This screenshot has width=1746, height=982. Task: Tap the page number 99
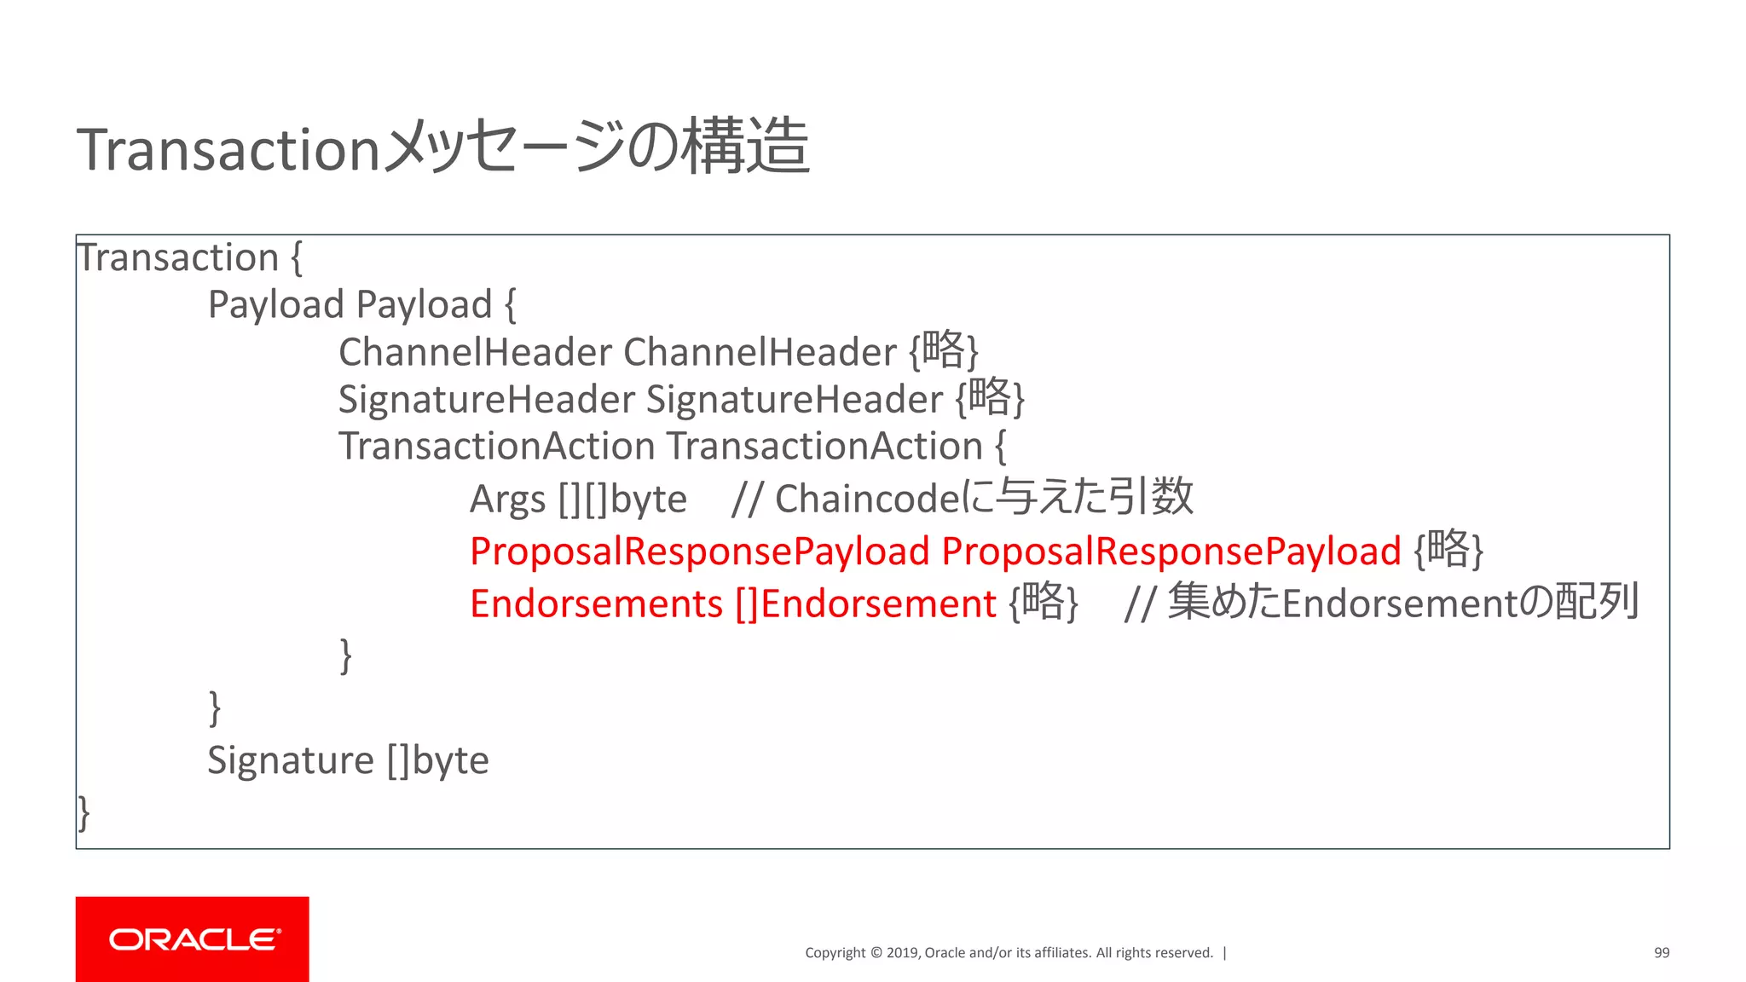coord(1662,953)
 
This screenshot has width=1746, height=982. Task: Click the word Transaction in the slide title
coord(228,149)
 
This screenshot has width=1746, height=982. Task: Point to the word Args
coord(507,500)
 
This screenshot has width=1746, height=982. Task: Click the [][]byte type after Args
coord(622,500)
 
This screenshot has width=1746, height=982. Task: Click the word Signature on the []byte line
coord(291,760)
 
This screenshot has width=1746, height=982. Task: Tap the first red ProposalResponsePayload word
coord(699,552)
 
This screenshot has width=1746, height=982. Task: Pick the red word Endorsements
coord(596,604)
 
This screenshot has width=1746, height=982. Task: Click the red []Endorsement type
coord(865,604)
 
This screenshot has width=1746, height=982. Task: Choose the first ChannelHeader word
coord(475,352)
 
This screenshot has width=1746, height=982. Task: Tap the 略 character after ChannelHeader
coord(944,349)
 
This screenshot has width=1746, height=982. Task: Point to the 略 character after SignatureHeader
coord(990,397)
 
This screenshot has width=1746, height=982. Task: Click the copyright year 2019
coord(902,953)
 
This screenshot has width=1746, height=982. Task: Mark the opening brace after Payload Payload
coord(510,305)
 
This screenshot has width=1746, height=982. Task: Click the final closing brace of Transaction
coord(84,812)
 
